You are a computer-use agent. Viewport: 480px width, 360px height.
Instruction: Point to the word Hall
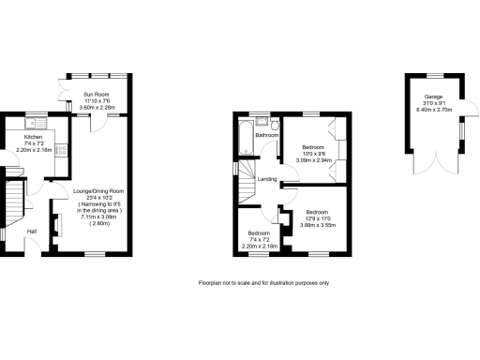point(32,231)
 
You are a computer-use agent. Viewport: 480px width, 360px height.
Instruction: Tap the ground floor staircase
point(14,202)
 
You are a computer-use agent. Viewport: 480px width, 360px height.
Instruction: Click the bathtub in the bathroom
point(244,137)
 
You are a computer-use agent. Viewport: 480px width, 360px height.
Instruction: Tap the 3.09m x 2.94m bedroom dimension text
point(312,160)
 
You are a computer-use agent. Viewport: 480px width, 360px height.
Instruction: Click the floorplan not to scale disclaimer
point(263,283)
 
